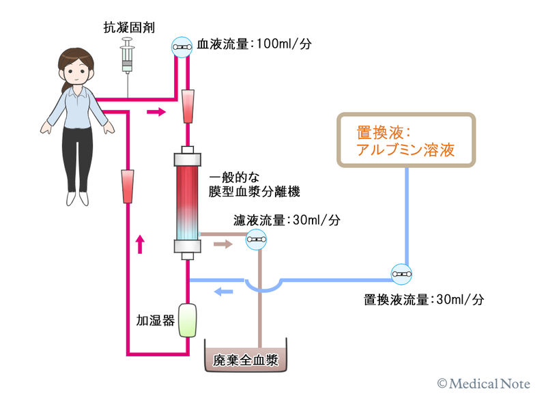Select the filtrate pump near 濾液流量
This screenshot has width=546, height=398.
[x=256, y=238]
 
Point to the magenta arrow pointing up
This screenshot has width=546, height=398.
[x=141, y=243]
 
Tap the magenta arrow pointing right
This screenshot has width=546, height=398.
[x=156, y=111]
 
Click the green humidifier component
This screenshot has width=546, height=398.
[x=188, y=320]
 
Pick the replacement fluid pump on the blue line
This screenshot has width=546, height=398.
[x=401, y=274]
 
